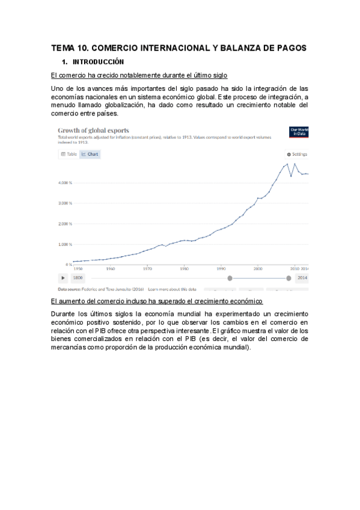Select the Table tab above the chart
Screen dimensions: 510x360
tap(69, 154)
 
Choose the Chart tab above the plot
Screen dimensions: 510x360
tap(90, 154)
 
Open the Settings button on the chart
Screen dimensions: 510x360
tap(297, 154)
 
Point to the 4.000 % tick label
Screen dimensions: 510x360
tap(65, 182)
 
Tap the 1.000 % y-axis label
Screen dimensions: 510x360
tap(65, 244)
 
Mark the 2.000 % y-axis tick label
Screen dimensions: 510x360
tap(65, 224)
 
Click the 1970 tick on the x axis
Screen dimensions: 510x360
tap(147, 269)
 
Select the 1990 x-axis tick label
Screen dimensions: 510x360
tap(221, 269)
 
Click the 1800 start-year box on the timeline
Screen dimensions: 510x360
tap(78, 278)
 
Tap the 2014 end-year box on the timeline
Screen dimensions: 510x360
tap(302, 278)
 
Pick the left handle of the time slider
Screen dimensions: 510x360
tap(230, 278)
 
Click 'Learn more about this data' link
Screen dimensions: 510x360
tap(172, 289)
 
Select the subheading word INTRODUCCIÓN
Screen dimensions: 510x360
tap(98, 62)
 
